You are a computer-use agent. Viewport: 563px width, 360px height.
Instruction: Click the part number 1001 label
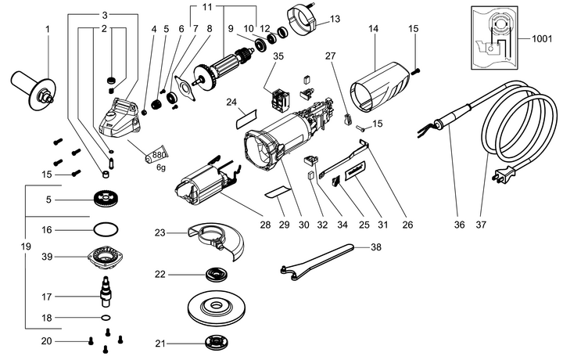coord(541,38)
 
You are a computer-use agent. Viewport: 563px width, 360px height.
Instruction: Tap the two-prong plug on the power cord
coord(503,175)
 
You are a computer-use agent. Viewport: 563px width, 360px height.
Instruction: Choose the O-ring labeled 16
coord(106,229)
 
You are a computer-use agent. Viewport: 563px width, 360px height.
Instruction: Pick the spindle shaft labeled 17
coord(106,291)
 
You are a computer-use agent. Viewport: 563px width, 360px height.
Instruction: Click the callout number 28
coord(265,225)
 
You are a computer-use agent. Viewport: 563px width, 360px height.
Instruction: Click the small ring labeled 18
coord(106,318)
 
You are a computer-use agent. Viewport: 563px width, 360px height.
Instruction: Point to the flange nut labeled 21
coord(217,343)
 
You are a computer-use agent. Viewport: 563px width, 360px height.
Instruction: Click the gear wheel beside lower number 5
coord(106,200)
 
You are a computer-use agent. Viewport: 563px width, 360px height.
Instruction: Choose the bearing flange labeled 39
coord(106,257)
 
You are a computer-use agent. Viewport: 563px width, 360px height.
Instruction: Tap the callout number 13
coord(335,19)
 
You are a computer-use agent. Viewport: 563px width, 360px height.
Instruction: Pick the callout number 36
coord(459,225)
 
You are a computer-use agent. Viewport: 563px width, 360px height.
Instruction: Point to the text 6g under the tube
coord(161,167)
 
